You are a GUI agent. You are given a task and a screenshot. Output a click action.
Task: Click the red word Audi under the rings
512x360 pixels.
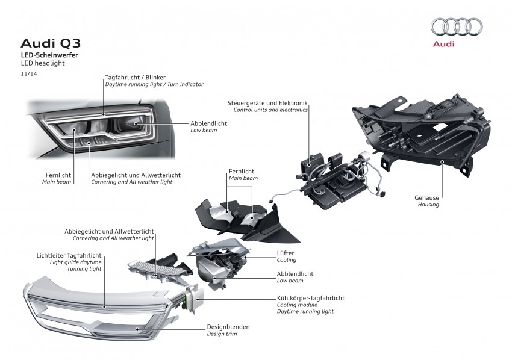coord(444,44)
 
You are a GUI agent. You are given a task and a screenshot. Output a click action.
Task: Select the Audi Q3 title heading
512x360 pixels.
coord(51,43)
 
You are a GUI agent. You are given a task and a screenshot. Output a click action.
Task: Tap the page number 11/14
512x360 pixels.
coord(28,74)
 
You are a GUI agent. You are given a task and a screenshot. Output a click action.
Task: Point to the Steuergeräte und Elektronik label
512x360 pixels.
coord(267,103)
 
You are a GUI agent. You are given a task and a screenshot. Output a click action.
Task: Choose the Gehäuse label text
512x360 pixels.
coord(427,197)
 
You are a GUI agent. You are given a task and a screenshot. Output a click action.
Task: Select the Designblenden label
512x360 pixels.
coord(228,327)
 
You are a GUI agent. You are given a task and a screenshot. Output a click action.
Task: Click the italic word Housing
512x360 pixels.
coord(428,205)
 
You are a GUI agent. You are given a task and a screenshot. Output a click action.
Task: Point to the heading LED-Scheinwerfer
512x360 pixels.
coord(49,55)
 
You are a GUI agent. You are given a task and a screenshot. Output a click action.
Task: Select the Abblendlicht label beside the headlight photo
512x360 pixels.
coord(209,122)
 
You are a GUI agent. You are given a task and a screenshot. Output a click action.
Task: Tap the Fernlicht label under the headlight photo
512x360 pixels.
coord(58,175)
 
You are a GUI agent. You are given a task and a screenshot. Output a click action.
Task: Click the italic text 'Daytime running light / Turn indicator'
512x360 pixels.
coord(154,85)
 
